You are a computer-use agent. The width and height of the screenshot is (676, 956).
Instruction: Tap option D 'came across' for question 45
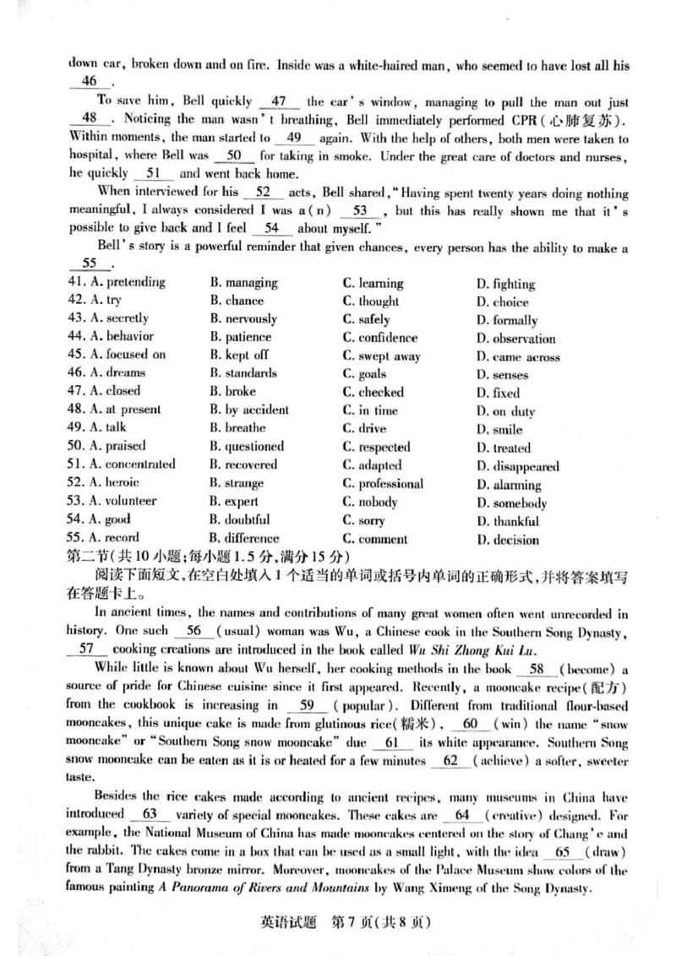click(518, 356)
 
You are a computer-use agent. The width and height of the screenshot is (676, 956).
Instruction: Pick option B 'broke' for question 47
click(227, 391)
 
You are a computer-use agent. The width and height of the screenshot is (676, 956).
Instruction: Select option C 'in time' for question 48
click(369, 410)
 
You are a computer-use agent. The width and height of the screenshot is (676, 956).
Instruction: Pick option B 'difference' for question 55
click(244, 538)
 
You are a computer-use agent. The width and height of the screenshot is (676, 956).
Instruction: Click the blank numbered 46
click(89, 81)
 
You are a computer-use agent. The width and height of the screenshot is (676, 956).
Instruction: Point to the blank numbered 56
click(194, 631)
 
